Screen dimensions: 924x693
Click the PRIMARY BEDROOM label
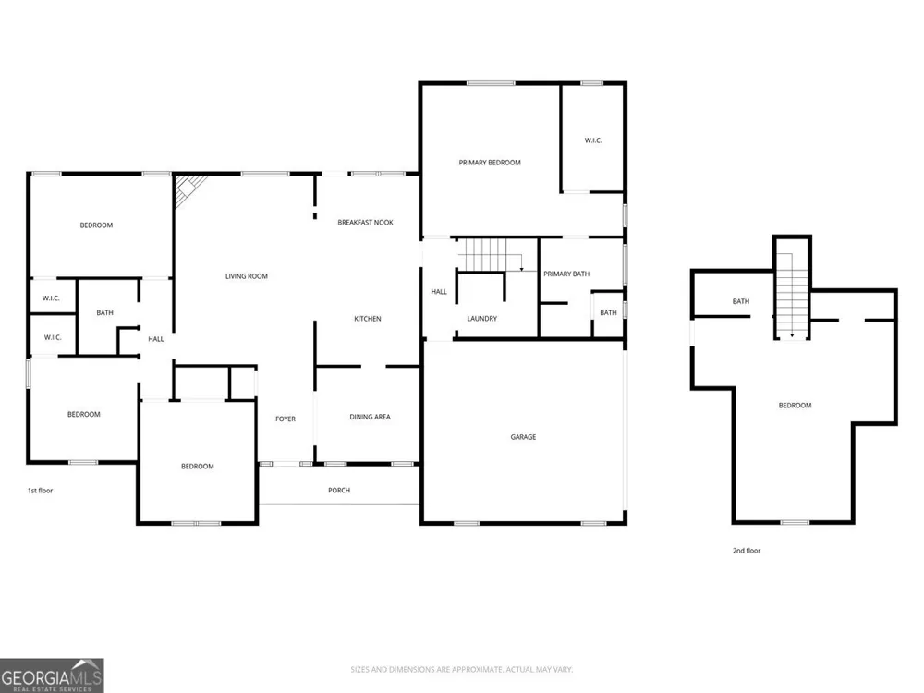[x=490, y=163]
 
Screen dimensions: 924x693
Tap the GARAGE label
[x=523, y=437]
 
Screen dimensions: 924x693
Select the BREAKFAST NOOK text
[x=365, y=223]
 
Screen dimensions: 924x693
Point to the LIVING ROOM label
[x=247, y=276]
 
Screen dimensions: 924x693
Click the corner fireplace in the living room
[x=188, y=188]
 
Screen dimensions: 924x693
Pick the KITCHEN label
[x=368, y=319]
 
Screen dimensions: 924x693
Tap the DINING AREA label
[x=371, y=418]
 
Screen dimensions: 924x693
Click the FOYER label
[x=286, y=419]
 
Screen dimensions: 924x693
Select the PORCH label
[x=339, y=491]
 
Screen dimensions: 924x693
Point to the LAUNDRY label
[x=482, y=319]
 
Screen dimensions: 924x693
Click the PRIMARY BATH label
[x=566, y=274]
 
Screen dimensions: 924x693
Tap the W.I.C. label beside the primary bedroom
[x=593, y=140]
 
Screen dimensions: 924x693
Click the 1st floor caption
[x=40, y=491]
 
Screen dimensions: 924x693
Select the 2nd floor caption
[x=747, y=551]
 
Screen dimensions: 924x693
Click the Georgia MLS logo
[x=52, y=675]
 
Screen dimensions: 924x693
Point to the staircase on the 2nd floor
[x=792, y=296]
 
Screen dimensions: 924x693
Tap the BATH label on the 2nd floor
[x=741, y=302]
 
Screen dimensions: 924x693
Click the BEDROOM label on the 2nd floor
[x=795, y=406]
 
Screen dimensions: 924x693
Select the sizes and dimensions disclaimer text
[x=461, y=669]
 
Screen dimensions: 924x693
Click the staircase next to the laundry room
[x=491, y=255]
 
